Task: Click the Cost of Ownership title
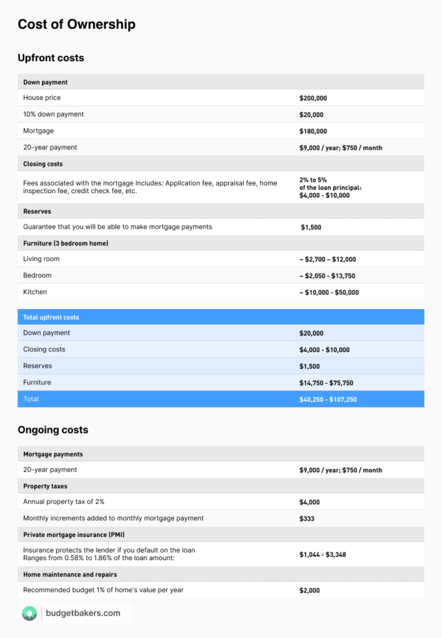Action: (x=76, y=25)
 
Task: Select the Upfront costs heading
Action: (x=50, y=58)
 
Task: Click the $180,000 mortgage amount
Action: (x=313, y=131)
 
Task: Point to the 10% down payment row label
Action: (x=54, y=115)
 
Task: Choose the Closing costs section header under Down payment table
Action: (x=43, y=164)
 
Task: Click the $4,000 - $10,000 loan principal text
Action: (x=324, y=195)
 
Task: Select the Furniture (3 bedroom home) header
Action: (x=65, y=243)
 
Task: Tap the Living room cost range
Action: (x=327, y=259)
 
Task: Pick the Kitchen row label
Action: (x=35, y=292)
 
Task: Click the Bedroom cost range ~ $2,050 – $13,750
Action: (x=327, y=276)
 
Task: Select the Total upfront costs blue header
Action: (x=51, y=317)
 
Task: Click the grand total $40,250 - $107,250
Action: (x=328, y=399)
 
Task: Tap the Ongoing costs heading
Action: (x=53, y=430)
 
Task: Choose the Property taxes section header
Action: (x=45, y=486)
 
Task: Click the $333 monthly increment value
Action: (x=307, y=518)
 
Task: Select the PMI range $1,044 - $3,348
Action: (x=322, y=555)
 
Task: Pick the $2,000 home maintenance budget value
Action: (x=310, y=590)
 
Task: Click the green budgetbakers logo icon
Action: (x=29, y=613)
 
